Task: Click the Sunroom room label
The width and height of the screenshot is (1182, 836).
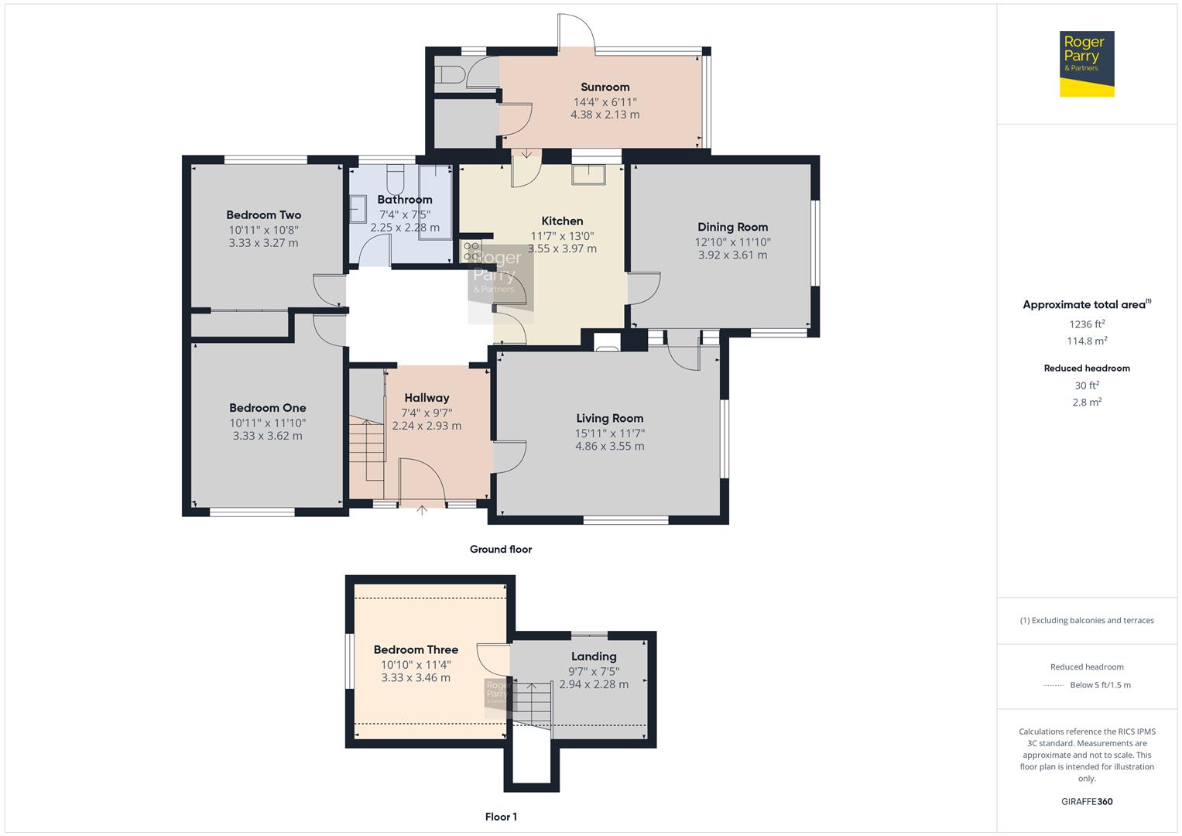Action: coord(605,87)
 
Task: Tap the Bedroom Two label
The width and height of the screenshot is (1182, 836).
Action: coord(263,215)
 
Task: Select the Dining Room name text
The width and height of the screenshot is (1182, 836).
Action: coord(732,227)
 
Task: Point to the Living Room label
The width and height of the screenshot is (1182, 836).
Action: coord(609,418)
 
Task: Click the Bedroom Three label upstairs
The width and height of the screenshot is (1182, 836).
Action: coord(416,649)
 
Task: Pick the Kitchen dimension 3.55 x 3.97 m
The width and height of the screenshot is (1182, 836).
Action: coord(563,248)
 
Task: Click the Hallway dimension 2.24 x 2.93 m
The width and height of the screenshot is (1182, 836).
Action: coord(427,426)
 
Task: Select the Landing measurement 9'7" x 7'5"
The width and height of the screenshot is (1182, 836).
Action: coord(594,671)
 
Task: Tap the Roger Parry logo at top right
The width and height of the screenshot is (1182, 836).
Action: coord(1087,63)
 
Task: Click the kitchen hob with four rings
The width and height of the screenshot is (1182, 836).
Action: coord(471,252)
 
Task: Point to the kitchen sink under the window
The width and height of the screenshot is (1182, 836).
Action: coord(588,174)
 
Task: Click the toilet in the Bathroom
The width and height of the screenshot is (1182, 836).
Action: coord(396,180)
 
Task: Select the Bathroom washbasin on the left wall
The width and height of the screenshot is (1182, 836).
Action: coord(358,209)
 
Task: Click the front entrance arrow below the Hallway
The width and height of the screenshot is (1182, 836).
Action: coord(422,510)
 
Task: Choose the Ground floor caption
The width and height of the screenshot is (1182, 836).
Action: coord(501,549)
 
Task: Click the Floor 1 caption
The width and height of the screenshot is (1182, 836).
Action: coord(501,817)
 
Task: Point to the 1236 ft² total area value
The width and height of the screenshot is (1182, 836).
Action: coord(1087,324)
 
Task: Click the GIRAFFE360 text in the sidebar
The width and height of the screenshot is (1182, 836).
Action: coord(1087,801)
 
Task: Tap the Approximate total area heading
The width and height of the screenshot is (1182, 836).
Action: coord(1087,304)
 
